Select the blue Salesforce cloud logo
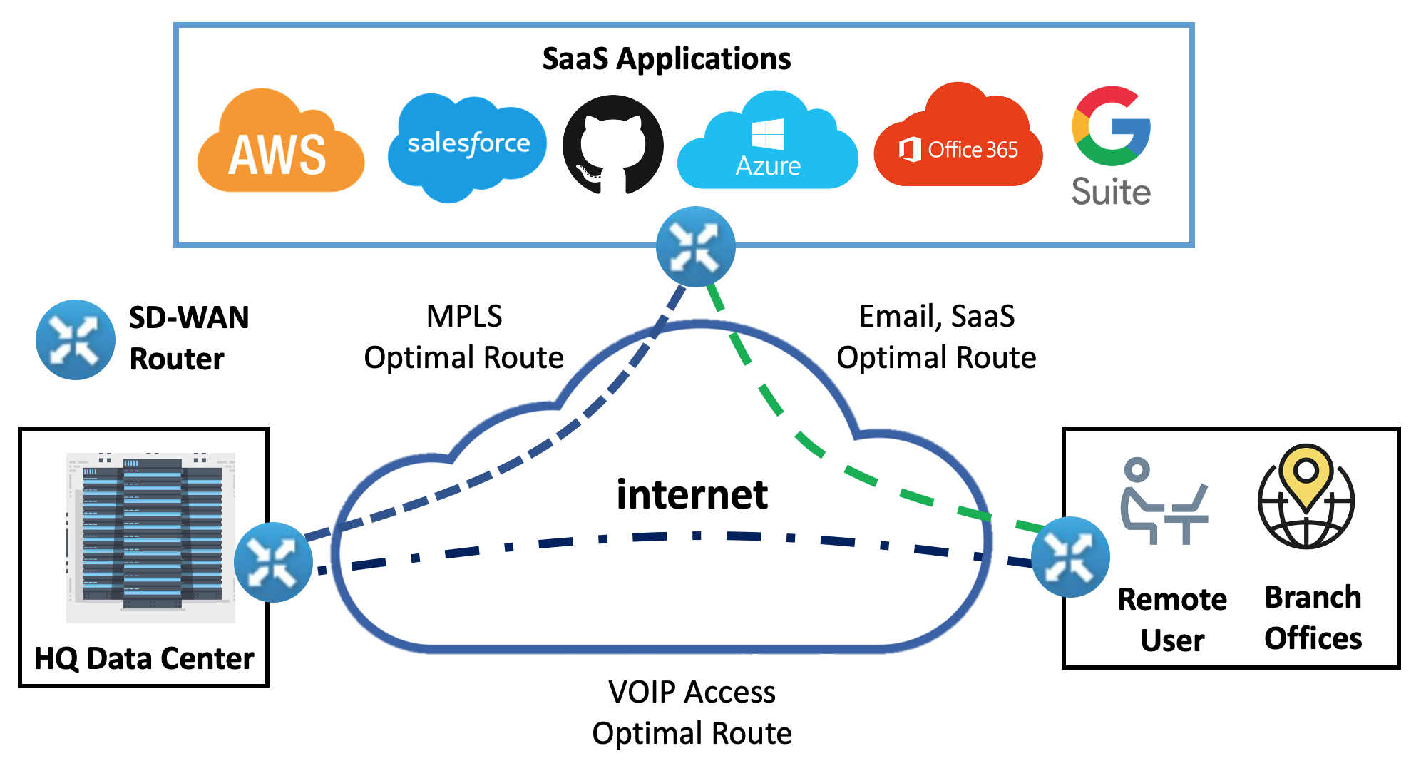coord(467,146)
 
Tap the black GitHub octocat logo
coord(612,145)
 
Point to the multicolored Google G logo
coord(1111,126)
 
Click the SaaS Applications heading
coord(666,58)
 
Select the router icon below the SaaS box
coord(695,247)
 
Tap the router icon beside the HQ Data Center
coord(273,562)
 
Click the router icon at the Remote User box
coord(1069,556)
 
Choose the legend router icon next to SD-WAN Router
coord(76,339)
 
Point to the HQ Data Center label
coord(144,658)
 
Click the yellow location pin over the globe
coord(1306,474)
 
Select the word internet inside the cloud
coord(692,495)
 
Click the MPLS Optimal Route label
coord(463,337)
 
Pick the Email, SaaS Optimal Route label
coord(936,337)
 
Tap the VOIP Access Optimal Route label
coord(692,713)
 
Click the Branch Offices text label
coord(1313,618)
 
